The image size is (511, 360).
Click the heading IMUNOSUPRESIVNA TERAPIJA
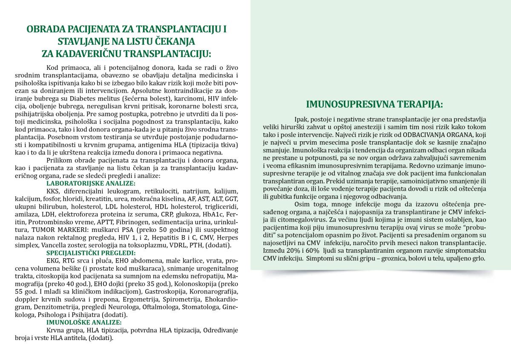click(x=375, y=104)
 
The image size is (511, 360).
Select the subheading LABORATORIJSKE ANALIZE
click(x=91, y=183)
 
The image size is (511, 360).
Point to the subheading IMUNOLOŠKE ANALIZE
click(x=84, y=323)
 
